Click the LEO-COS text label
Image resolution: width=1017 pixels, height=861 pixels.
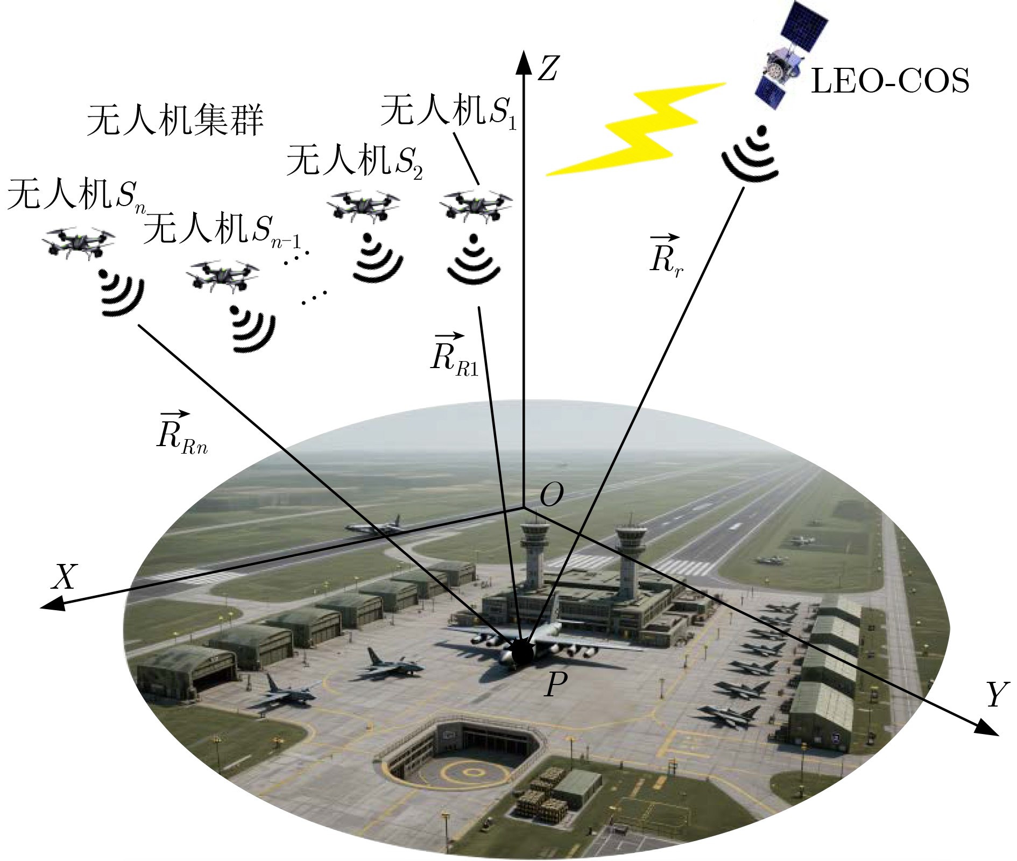(x=889, y=82)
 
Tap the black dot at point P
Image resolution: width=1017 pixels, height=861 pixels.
(x=521, y=653)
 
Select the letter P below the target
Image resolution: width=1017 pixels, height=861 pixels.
(x=555, y=686)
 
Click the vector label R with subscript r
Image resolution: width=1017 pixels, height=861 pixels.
(x=666, y=255)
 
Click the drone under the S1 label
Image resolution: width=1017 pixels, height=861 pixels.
(x=476, y=205)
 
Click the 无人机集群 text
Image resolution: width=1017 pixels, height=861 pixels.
(x=175, y=121)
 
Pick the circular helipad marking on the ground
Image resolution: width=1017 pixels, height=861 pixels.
(x=472, y=773)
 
